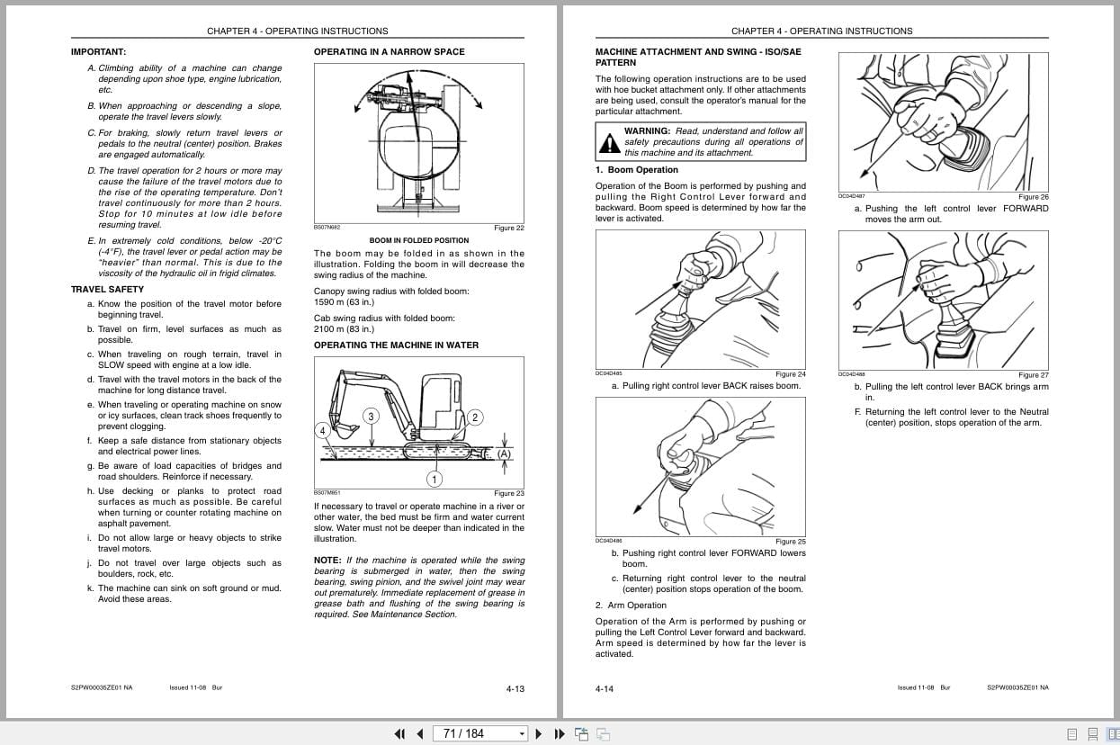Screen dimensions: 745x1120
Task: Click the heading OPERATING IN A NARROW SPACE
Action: point(389,52)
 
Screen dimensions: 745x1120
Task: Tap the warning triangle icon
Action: point(610,142)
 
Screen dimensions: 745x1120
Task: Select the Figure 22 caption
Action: point(509,229)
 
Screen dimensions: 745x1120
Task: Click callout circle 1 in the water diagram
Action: point(434,479)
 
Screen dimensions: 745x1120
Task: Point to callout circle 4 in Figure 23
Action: point(322,431)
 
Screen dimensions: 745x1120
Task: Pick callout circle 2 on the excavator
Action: point(476,417)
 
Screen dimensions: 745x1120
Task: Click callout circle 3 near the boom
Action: point(371,416)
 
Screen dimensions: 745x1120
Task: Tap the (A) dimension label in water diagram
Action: point(504,454)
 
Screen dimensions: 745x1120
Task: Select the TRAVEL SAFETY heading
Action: point(107,290)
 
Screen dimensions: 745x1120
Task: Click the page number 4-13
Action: point(515,689)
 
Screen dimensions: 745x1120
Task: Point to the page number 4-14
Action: point(604,689)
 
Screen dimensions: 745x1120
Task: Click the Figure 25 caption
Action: point(791,542)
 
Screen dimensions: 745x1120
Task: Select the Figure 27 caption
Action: point(1034,375)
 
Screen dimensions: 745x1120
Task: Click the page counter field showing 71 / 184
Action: point(476,733)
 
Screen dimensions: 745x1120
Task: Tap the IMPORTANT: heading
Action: point(98,52)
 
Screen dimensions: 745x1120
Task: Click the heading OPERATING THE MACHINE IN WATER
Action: point(396,346)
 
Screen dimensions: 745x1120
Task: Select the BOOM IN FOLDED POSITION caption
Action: point(419,241)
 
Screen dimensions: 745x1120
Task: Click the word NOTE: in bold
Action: point(327,561)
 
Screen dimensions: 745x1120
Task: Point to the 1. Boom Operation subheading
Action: point(637,170)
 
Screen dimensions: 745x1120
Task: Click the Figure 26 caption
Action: point(1034,197)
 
